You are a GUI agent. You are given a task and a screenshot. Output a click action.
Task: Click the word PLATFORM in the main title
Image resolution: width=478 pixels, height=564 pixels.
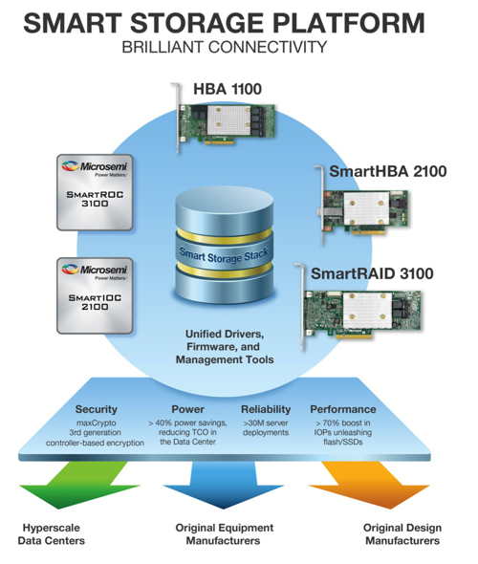[349, 23]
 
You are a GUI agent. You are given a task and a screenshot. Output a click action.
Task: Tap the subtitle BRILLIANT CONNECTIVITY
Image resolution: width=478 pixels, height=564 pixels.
[225, 47]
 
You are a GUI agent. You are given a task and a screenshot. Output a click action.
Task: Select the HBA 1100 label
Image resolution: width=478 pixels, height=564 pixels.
[228, 89]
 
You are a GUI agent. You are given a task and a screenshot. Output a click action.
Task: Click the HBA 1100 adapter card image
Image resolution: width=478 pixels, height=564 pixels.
[224, 120]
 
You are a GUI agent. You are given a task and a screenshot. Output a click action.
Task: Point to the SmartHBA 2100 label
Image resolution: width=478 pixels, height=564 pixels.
[388, 171]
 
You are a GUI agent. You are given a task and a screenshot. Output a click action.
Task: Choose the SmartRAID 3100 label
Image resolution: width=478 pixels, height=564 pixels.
[372, 273]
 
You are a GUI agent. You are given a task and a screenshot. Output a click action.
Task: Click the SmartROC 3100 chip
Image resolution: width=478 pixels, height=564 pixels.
[95, 192]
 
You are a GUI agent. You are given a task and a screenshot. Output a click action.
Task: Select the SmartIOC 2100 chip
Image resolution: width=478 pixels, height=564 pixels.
[95, 295]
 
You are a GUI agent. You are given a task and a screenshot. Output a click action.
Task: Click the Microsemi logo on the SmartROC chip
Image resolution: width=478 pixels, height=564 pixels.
[95, 167]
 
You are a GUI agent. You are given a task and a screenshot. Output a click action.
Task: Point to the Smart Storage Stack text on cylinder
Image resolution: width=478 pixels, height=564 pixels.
[224, 255]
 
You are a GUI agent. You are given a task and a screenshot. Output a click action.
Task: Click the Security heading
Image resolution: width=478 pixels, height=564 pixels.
[96, 409]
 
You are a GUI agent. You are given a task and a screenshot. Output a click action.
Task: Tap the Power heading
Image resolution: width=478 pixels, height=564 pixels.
[187, 409]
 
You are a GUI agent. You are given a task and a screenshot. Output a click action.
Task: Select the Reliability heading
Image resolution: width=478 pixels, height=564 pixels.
[266, 409]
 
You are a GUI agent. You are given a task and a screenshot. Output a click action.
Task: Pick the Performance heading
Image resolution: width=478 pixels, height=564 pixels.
[343, 409]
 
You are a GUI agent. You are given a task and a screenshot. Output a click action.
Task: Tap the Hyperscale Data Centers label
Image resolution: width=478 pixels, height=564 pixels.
[51, 534]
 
